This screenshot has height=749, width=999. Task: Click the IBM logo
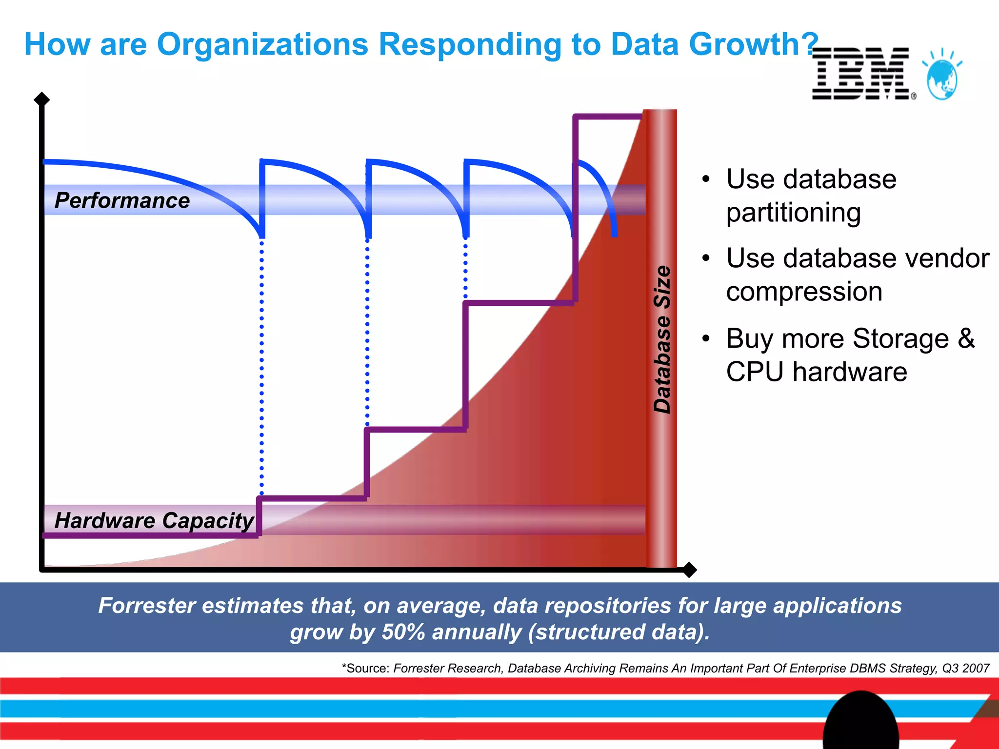861,74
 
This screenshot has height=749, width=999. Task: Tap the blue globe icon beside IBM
942,78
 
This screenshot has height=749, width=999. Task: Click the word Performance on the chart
122,200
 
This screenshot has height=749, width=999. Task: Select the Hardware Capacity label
154,520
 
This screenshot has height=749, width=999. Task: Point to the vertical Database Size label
662,339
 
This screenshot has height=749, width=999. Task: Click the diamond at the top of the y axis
42,99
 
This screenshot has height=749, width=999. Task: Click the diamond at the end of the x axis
689,570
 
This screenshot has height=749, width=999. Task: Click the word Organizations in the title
262,45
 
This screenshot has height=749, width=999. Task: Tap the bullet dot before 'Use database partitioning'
705,179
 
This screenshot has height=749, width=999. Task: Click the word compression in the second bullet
804,292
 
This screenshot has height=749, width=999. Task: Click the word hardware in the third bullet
850,372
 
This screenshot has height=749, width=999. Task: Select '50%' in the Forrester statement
403,632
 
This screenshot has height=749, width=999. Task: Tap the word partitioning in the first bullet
793,213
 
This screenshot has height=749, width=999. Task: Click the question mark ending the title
811,44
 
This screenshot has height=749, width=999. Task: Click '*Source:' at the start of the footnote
365,668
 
